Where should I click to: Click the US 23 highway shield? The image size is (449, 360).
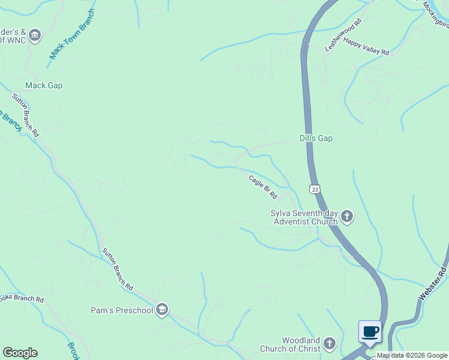pos(315,189)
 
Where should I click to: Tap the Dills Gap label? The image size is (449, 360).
pos(316,138)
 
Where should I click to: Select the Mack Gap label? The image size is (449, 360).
pos(44,85)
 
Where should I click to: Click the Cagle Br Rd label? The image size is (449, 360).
pos(263,187)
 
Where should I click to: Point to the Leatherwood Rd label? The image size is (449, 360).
pos(344,34)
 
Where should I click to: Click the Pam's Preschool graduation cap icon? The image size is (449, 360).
pos(161,310)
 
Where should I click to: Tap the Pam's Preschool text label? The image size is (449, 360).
pos(122,310)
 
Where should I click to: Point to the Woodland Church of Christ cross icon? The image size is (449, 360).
pos(329,344)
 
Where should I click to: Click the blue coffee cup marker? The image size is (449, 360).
pos(370,331)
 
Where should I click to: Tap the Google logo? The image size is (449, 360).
pos(20,353)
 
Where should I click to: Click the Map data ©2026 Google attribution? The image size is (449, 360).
pos(412,355)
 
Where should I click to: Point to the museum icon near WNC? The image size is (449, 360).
pos(35,35)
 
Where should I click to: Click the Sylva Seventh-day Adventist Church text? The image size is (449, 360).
pos(304,217)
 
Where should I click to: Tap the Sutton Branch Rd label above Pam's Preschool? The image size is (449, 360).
pos(117,269)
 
